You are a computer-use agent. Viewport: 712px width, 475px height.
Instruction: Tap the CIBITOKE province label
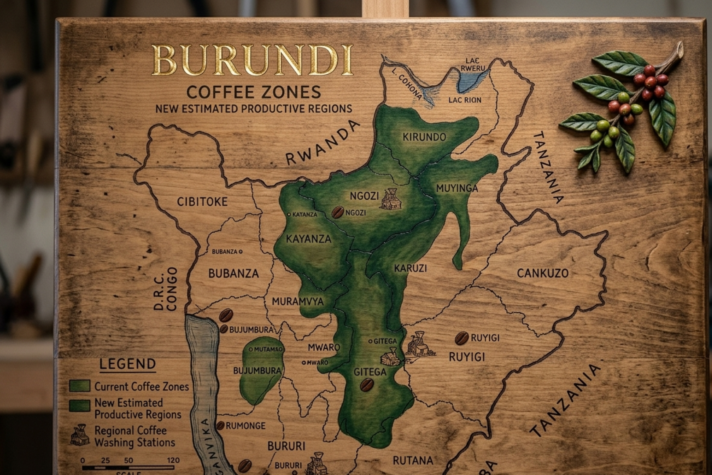(202, 202)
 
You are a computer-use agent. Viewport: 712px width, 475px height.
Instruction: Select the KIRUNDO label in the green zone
(424, 137)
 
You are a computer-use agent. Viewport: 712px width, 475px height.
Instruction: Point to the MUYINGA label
(457, 188)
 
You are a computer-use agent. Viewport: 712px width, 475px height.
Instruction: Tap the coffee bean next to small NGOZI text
(338, 212)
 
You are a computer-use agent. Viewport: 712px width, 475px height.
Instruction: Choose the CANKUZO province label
(542, 273)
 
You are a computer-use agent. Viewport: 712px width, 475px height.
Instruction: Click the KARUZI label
(410, 268)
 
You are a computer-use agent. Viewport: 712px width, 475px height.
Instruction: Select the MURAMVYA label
(298, 302)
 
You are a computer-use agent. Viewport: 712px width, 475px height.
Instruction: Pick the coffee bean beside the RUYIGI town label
(461, 338)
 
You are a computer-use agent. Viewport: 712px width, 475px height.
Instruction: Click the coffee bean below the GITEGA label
(367, 385)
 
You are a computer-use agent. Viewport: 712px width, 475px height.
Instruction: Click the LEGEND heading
(127, 364)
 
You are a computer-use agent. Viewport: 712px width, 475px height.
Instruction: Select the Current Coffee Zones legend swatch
(80, 386)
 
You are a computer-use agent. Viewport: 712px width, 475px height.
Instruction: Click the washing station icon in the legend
(80, 435)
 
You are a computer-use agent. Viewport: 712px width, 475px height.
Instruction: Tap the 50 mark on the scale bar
(128, 460)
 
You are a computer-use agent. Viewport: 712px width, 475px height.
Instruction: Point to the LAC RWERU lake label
(472, 64)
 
